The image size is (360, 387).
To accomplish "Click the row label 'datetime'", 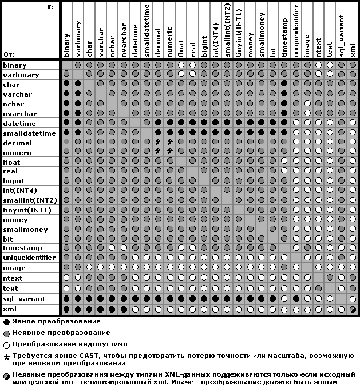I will click(x=19, y=124).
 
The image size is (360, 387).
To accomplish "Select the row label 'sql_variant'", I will click(x=23, y=299).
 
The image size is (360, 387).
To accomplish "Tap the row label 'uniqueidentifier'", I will click(x=29, y=258).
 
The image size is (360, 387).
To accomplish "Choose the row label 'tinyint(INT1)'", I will click(x=27, y=210).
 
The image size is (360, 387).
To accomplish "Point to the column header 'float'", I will click(x=181, y=49).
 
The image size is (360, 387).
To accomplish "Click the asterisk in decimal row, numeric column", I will click(x=169, y=142).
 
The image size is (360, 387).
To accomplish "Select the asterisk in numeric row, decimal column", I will click(x=158, y=152).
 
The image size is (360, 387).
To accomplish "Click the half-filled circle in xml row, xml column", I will click(x=353, y=309).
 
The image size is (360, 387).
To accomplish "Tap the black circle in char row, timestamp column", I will click(x=284, y=84).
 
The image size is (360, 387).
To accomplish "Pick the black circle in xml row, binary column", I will click(x=66, y=309).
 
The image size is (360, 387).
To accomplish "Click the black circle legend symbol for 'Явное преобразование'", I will click(x=6, y=322).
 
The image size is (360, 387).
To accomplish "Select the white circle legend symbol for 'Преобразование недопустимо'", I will click(x=6, y=345).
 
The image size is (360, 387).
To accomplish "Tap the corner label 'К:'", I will click(x=50, y=7).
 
